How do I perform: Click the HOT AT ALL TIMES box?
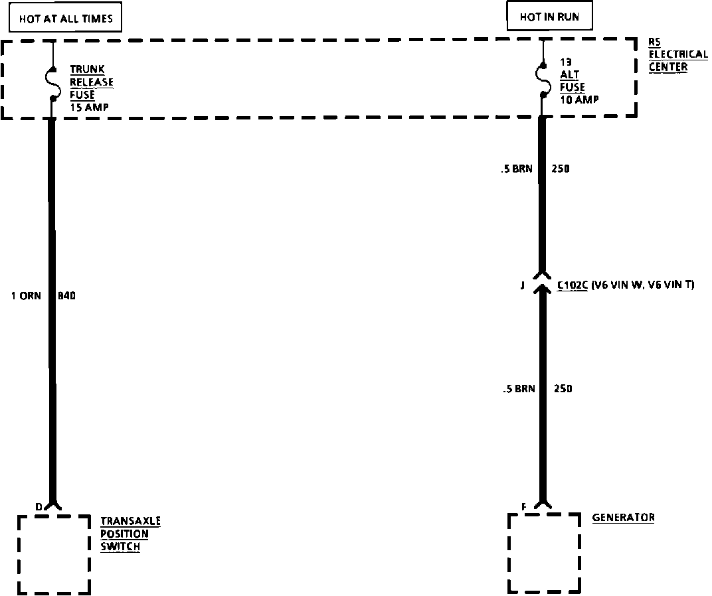click(x=66, y=19)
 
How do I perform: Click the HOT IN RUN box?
click(x=549, y=17)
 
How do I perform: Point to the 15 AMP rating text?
click(x=90, y=107)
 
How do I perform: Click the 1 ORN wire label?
click(x=26, y=296)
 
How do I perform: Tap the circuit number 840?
click(x=66, y=296)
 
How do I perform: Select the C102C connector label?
click(x=572, y=286)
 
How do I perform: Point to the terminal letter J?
click(x=522, y=286)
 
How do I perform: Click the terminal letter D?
click(x=39, y=507)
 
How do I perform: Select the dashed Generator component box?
click(x=543, y=552)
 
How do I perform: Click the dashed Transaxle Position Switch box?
click(x=53, y=554)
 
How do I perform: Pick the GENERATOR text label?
click(x=623, y=518)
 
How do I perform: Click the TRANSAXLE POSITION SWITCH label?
click(x=130, y=534)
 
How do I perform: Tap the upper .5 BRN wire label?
click(x=517, y=169)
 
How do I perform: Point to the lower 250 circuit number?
click(x=563, y=389)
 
